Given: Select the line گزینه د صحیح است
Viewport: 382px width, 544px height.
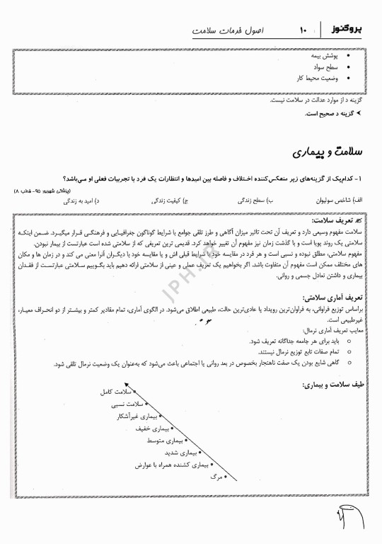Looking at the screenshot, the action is pyautogui.click(x=335, y=113).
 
